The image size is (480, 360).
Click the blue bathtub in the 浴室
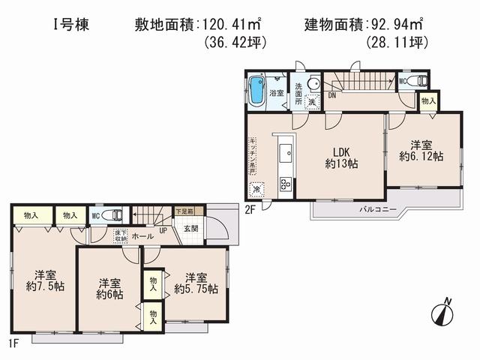(x=256, y=91)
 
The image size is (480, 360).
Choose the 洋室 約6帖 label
(x=109, y=289)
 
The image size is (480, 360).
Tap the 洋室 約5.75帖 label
(x=196, y=282)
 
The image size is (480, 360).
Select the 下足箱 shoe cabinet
(x=184, y=212)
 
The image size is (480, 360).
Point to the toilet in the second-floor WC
(x=420, y=80)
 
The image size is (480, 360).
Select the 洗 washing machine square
(x=310, y=101)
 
